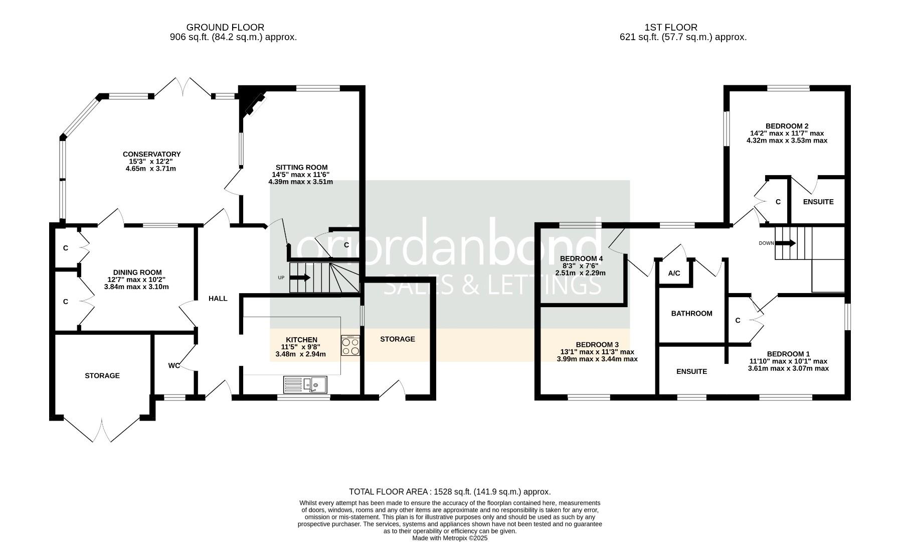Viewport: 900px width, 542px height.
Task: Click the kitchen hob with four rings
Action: tap(350, 345)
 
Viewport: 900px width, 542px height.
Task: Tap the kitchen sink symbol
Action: tap(305, 384)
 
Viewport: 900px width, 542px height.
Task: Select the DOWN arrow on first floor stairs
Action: tap(786, 243)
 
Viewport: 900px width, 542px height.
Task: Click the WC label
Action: tap(173, 365)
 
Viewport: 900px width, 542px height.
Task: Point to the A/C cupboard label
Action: tap(674, 274)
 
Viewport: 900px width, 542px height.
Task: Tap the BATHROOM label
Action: tap(691, 314)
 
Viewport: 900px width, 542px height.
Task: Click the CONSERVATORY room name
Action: tap(151, 154)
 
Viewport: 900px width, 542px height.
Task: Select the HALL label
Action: tap(218, 299)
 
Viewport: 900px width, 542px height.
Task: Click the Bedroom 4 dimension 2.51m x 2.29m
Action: tap(580, 273)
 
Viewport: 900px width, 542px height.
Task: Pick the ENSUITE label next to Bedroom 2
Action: tap(818, 202)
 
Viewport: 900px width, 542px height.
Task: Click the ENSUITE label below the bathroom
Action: tap(691, 371)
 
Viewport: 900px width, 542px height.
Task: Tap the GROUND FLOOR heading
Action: tap(225, 27)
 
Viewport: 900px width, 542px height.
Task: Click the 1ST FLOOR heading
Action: tap(671, 27)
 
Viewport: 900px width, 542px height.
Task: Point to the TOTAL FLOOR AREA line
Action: tap(449, 492)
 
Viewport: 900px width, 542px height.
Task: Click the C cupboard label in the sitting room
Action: tap(346, 245)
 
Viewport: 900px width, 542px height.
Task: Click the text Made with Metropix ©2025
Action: tap(449, 538)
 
